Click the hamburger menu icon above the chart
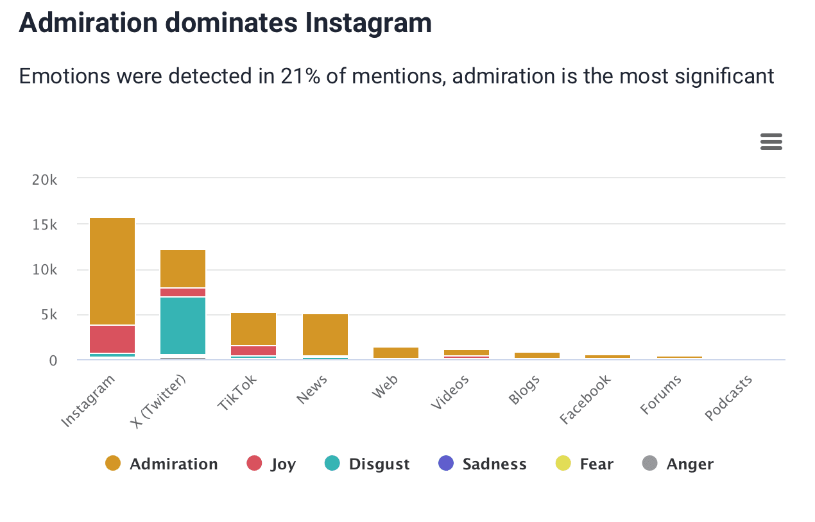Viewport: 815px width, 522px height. [771, 142]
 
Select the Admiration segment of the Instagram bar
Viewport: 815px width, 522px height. [112, 271]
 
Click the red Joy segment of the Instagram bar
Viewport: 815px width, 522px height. [112, 339]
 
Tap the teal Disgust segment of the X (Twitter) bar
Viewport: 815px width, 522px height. [183, 325]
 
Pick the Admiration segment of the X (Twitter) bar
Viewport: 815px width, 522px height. [183, 268]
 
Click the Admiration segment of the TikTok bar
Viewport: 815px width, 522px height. [253, 328]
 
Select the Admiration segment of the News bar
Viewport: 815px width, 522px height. [325, 334]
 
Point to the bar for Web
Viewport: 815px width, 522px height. [395, 353]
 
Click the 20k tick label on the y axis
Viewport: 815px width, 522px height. [44, 180]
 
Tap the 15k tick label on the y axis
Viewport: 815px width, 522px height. [44, 225]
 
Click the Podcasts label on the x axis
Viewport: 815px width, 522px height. [728, 398]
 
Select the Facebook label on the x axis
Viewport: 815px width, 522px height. [585, 400]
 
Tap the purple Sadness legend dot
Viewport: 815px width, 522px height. [445, 463]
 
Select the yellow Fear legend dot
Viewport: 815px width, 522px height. [563, 463]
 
